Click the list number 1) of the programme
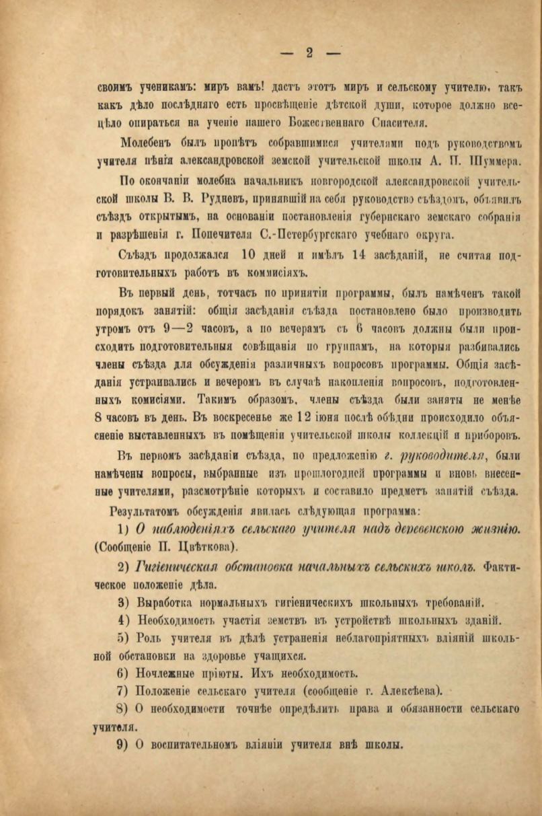tap(124, 529)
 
